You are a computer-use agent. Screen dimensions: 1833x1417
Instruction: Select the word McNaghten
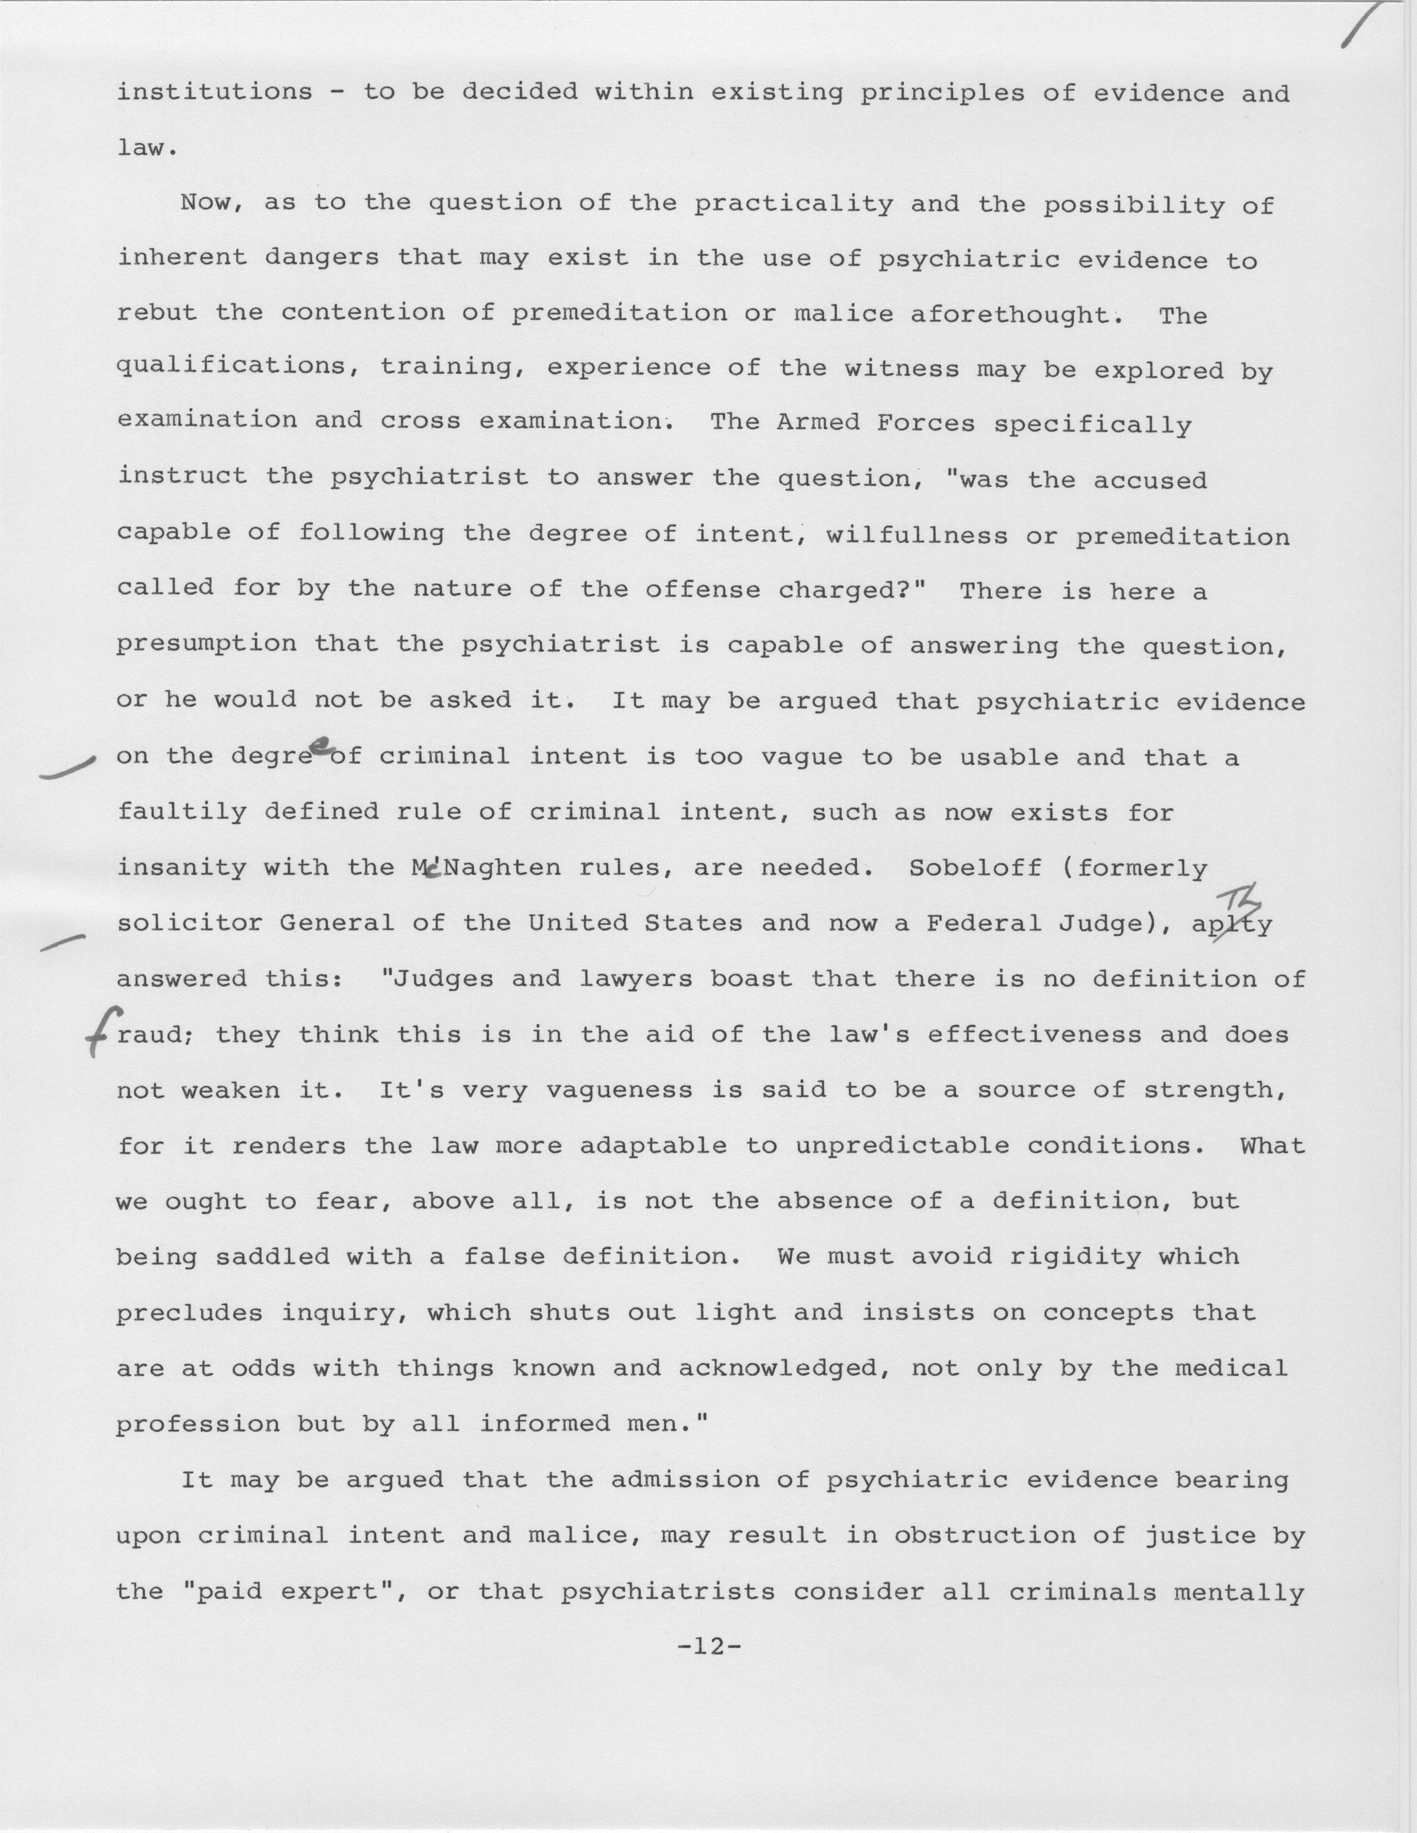tap(487, 868)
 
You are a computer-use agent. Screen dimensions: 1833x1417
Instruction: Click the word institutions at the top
tap(214, 92)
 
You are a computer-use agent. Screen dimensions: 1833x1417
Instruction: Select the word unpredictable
tap(902, 1145)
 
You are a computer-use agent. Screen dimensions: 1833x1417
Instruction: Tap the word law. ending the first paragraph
tap(146, 148)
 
